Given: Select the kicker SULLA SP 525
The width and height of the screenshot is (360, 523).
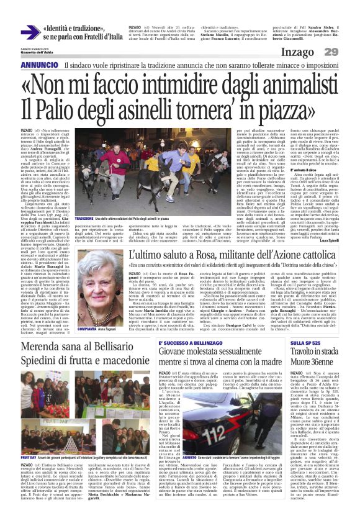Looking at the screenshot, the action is click(x=305, y=343).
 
